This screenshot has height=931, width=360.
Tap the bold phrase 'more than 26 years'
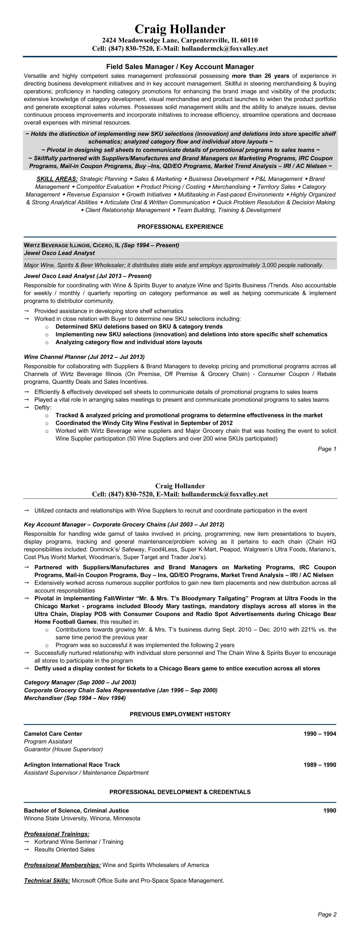click(x=260, y=76)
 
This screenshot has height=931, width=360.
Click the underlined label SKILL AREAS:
click(x=57, y=179)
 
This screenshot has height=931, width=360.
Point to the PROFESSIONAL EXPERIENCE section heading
click(x=180, y=227)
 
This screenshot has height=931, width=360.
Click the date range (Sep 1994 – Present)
click(x=150, y=245)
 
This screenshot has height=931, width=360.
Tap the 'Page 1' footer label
click(x=327, y=449)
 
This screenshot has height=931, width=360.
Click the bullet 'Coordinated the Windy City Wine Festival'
click(x=144, y=423)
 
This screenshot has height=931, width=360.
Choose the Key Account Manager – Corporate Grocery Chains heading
click(x=124, y=524)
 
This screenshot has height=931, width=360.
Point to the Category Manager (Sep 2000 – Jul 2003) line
click(x=80, y=682)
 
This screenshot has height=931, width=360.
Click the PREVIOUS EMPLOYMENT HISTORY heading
click(x=180, y=714)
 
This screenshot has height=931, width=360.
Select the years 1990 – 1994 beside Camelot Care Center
click(x=320, y=734)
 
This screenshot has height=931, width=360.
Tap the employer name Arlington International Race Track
click(x=72, y=765)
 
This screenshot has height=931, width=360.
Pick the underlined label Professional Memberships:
click(x=62, y=865)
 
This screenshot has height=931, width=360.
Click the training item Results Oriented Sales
click(x=64, y=849)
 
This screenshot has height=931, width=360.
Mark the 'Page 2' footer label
click(x=327, y=914)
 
